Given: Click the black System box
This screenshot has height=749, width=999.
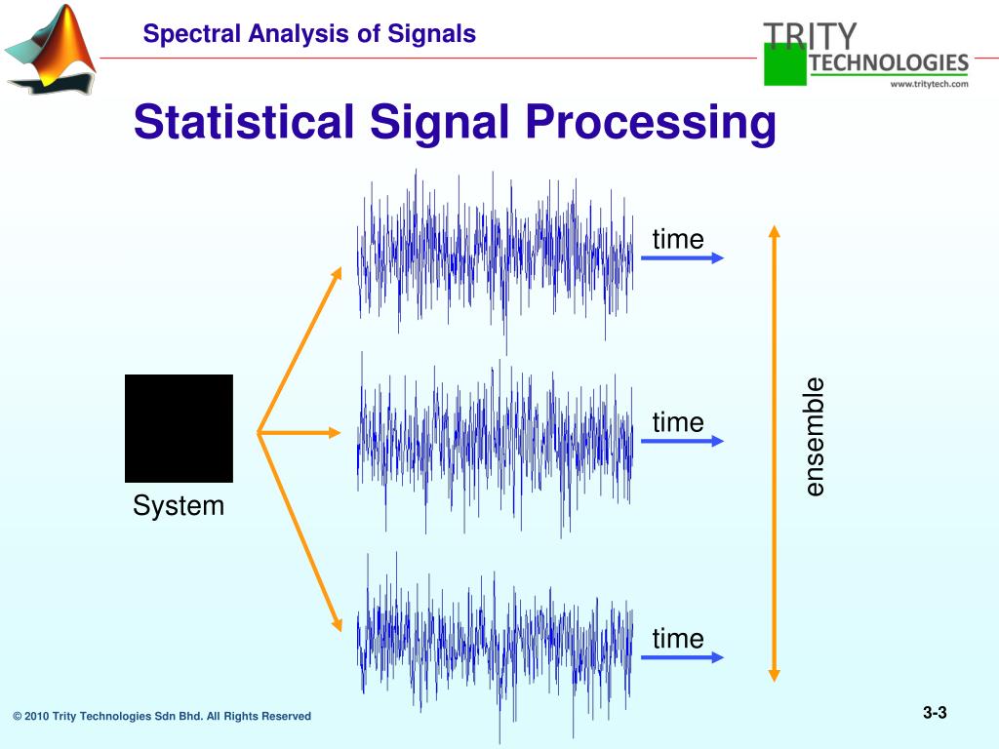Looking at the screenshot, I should [179, 428].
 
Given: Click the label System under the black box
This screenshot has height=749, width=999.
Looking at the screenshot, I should [179, 506].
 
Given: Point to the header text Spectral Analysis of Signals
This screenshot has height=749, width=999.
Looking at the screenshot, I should [309, 34].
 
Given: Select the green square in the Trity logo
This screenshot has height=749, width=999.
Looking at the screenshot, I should [785, 64].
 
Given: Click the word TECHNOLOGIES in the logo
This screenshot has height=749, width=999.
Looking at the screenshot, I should [889, 63].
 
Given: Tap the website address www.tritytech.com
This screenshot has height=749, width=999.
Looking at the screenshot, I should [929, 84].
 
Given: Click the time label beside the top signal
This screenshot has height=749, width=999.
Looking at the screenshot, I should [678, 239].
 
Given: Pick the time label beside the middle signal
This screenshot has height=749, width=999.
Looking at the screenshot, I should [678, 422].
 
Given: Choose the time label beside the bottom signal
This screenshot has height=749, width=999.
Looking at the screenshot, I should [678, 639].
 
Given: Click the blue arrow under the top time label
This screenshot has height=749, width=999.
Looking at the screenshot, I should [682, 257].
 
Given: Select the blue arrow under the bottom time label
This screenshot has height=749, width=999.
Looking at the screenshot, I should [682, 657].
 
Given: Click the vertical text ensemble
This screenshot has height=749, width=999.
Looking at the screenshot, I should [815, 436].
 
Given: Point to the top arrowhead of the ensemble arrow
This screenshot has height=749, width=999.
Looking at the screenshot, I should [774, 232].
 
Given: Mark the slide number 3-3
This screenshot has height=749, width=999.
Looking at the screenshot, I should [935, 713].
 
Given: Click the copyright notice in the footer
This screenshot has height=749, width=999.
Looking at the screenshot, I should [162, 716].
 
